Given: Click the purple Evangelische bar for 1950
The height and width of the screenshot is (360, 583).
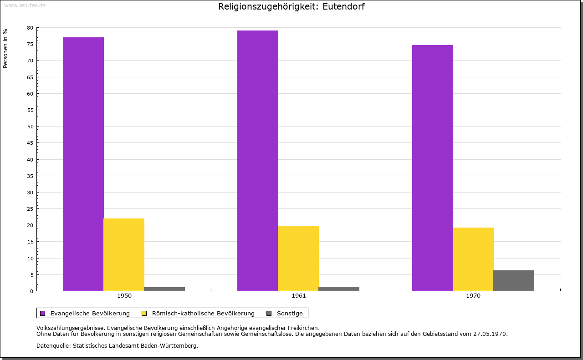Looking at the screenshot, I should [83, 164].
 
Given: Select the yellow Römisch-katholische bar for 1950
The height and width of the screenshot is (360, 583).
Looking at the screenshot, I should [124, 254].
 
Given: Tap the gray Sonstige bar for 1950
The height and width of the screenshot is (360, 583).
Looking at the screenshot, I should [164, 289].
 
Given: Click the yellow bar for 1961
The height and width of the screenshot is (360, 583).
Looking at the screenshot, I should [298, 258].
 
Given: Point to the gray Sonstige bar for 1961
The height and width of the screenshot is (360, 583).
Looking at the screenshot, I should [339, 289].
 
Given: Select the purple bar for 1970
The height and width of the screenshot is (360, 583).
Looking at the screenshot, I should [433, 168].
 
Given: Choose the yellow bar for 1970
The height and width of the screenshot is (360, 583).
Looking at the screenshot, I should [473, 259].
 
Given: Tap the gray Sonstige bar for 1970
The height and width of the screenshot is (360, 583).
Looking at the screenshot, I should [514, 280].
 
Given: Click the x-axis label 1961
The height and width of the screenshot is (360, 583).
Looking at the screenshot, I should [299, 296].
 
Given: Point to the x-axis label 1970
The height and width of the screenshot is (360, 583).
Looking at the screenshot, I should [473, 296].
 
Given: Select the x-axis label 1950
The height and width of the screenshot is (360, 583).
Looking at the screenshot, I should [124, 296].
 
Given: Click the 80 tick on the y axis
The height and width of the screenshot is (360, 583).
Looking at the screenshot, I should [30, 28].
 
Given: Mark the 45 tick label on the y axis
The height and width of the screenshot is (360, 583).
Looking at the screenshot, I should [30, 143].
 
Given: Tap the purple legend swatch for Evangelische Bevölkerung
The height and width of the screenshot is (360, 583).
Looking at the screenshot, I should [43, 313].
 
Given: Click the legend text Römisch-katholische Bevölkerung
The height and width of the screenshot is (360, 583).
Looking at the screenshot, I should [203, 313].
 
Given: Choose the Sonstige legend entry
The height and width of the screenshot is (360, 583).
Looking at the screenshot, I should [290, 313].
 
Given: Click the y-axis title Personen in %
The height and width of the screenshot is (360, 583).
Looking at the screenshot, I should [5, 48].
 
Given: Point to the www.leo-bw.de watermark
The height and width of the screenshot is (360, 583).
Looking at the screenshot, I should [25, 5].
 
